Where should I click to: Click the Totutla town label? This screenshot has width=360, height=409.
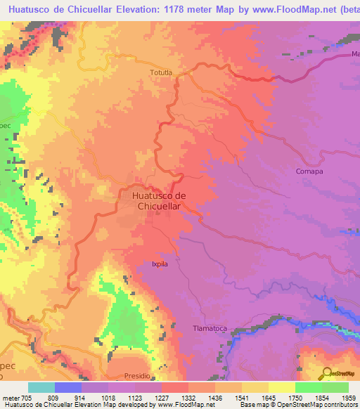click(x=160, y=72)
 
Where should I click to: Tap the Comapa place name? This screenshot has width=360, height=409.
click(x=309, y=171)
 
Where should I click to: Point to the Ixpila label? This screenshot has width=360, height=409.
click(x=160, y=265)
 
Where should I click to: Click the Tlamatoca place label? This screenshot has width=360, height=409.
click(x=210, y=328)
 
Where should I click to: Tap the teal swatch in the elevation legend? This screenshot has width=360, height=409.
click(x=41, y=387)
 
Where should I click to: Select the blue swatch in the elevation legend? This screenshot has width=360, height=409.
click(x=68, y=387)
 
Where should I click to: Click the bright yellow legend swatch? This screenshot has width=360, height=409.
click(x=281, y=387)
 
